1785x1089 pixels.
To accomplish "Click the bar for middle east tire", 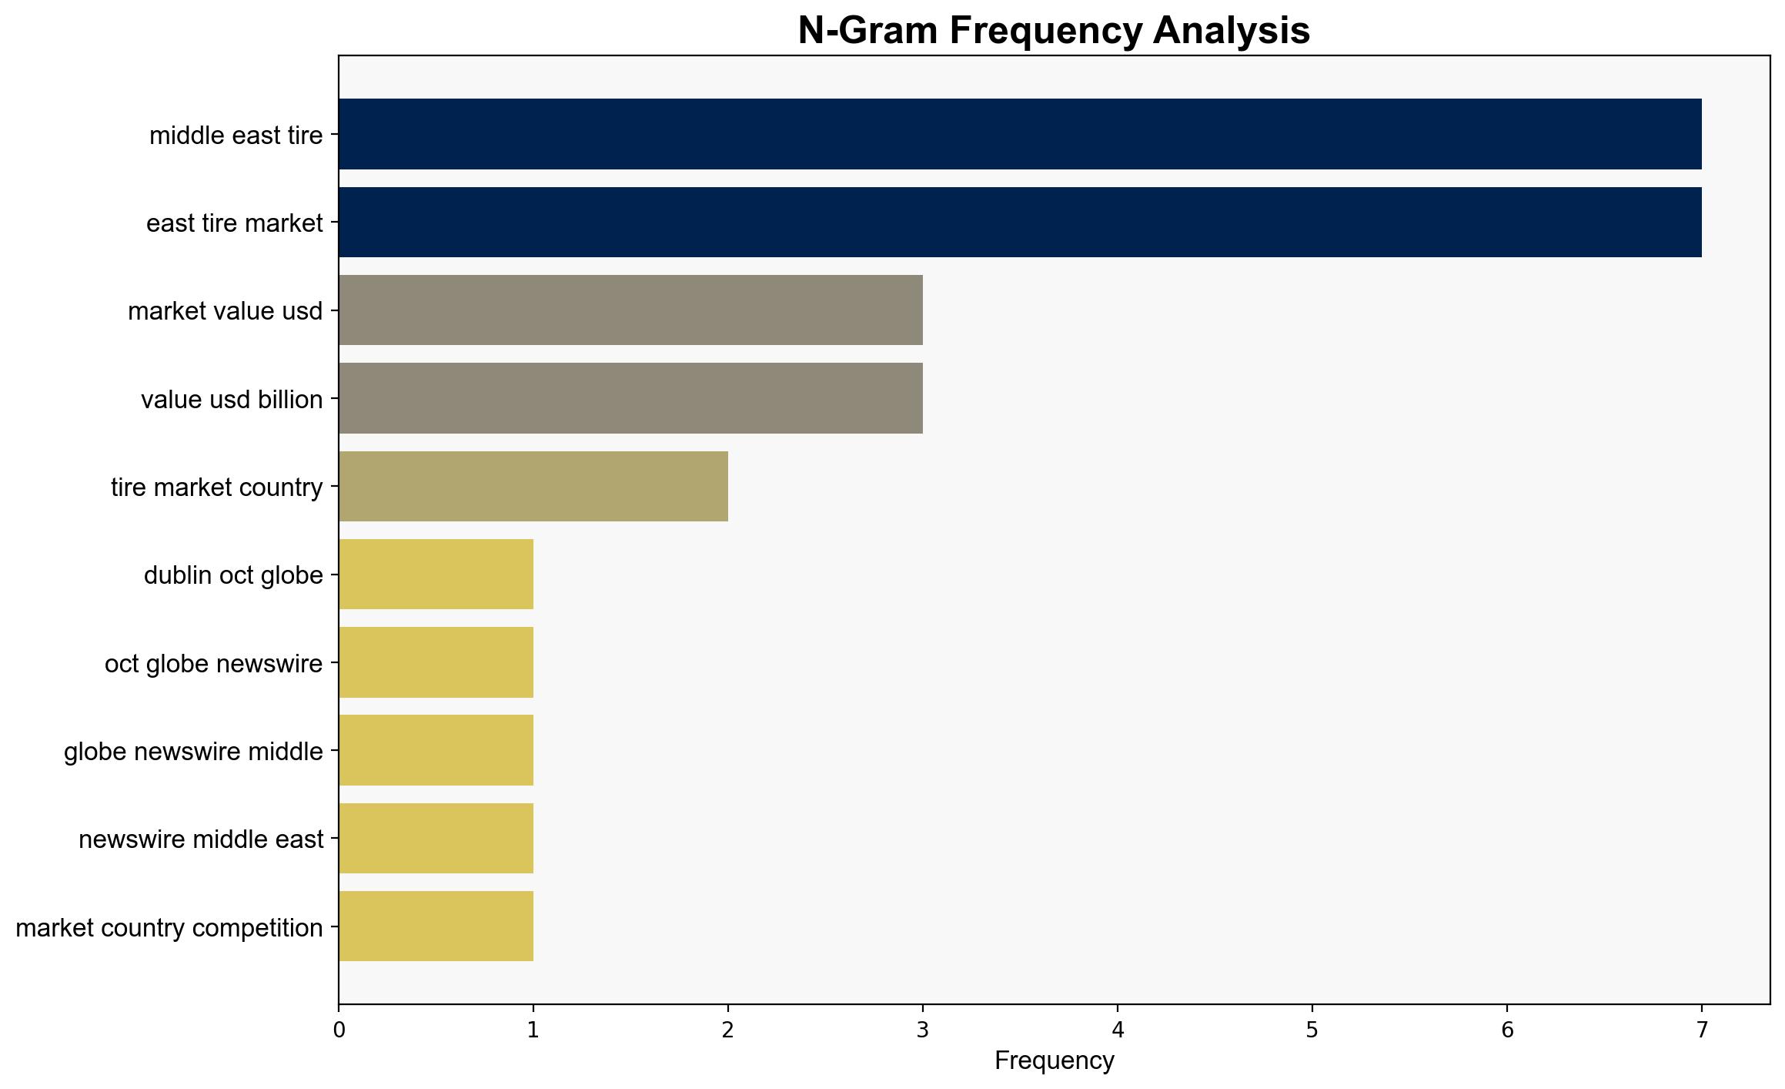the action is pos(1020,134).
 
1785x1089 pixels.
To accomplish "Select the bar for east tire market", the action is pos(1020,222).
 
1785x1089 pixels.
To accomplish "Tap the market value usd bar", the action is pos(630,310).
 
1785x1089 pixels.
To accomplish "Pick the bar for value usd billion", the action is pos(630,398).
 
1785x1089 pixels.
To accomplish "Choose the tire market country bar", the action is pos(533,486).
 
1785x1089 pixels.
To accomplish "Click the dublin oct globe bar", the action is pos(436,574).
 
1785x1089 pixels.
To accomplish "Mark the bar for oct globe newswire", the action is pos(436,662).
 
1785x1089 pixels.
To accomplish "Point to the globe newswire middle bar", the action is pos(436,750).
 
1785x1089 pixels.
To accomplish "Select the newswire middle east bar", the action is pos(436,838).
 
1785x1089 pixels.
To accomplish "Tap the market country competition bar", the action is pos(436,926).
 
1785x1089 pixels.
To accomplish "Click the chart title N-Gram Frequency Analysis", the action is pos(1054,31).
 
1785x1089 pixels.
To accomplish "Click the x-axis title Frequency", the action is pos(1054,1061).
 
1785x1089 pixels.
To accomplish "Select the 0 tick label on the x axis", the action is pos(339,1029).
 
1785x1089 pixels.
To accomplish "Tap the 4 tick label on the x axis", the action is pos(1118,1029).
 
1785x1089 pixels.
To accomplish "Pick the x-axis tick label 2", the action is pos(728,1029).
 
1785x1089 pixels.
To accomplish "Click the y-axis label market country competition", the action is pos(169,928).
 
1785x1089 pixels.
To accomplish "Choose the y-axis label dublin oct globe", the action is pos(233,575).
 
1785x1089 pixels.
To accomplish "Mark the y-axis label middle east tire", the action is pos(236,136).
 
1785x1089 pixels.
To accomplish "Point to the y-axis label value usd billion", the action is pos(232,400).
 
